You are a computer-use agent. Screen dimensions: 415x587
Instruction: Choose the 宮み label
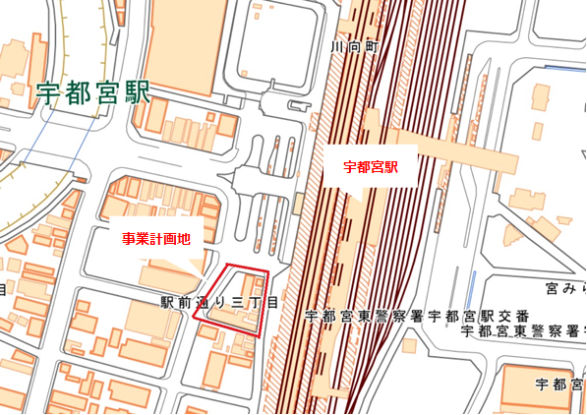coord(565,289)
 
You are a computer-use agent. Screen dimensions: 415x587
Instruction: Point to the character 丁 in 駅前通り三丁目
coord(255,305)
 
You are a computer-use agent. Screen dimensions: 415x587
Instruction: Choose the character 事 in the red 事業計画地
coord(127,239)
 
